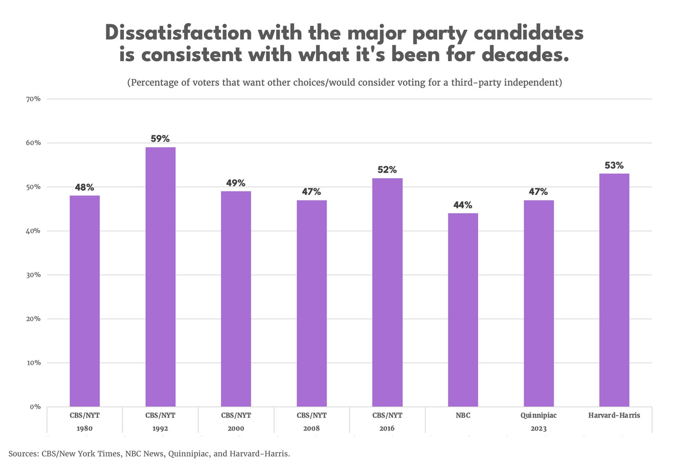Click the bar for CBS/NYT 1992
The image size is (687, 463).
click(x=160, y=277)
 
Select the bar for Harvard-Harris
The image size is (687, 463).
click(x=614, y=290)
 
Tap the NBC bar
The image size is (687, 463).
click(x=463, y=310)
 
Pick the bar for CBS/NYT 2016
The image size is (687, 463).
click(x=387, y=292)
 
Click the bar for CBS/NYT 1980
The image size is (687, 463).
click(x=84, y=301)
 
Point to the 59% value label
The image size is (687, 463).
click(x=160, y=139)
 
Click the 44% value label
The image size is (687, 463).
click(x=463, y=205)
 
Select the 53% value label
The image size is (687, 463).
click(x=614, y=166)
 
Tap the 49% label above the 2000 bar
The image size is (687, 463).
click(x=236, y=183)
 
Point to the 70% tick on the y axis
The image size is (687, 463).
click(x=33, y=99)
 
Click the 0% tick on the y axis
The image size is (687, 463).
click(x=35, y=407)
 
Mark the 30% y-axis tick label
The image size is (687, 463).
click(x=33, y=275)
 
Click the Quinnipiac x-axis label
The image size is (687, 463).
click(x=538, y=415)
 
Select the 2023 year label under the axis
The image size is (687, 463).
click(x=538, y=428)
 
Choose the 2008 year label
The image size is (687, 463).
click(x=311, y=428)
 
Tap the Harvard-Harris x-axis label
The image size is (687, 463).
click(x=614, y=415)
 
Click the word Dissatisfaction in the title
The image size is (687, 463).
click(x=178, y=33)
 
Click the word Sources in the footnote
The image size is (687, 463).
click(x=23, y=454)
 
